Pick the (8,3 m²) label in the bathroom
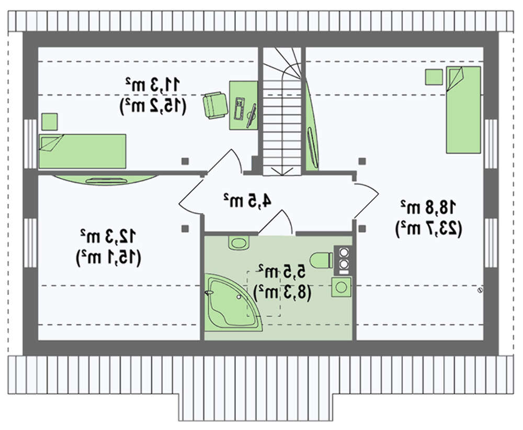point(282,291)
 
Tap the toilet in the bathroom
point(320,259)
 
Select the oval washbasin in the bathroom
point(238,243)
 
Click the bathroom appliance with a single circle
point(342,287)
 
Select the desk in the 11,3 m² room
point(243,104)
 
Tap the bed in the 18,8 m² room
point(463,110)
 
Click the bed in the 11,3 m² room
point(83,151)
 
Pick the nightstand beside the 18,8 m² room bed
point(434,77)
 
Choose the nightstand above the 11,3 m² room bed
point(50,121)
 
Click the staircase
point(282,112)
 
